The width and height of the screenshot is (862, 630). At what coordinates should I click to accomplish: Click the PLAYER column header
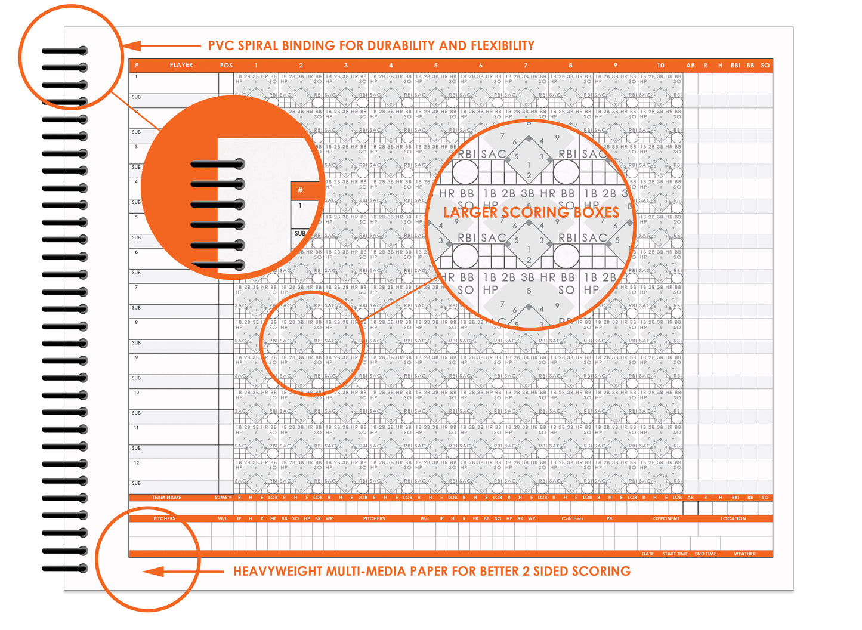point(181,65)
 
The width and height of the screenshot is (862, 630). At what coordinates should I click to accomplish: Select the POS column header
point(226,65)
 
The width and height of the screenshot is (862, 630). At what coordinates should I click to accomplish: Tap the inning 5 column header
point(435,65)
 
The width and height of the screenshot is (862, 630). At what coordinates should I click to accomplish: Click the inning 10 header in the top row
point(660,65)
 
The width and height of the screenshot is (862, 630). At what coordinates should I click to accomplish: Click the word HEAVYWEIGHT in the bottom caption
point(278,571)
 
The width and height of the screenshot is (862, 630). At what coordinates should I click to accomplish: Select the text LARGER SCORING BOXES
point(531,212)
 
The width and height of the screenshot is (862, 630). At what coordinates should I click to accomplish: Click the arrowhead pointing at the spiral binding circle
point(132,46)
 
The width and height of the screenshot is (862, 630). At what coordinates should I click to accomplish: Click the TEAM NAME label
point(166,498)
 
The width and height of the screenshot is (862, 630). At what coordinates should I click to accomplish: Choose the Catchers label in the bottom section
point(572,518)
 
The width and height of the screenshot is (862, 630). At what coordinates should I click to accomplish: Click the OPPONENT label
point(666,518)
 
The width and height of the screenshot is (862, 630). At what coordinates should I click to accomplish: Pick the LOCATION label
point(733,518)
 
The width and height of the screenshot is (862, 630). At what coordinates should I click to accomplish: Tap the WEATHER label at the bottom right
point(744,554)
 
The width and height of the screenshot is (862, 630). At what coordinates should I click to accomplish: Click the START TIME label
point(675,554)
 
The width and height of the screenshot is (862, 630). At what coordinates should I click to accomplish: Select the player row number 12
point(137,463)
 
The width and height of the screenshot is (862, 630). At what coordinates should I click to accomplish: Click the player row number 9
point(136,357)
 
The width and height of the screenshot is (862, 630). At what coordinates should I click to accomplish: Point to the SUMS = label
point(223,498)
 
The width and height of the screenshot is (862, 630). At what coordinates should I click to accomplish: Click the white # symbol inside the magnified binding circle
point(300,190)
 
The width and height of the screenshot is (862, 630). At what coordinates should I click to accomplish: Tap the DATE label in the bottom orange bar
point(647,554)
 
